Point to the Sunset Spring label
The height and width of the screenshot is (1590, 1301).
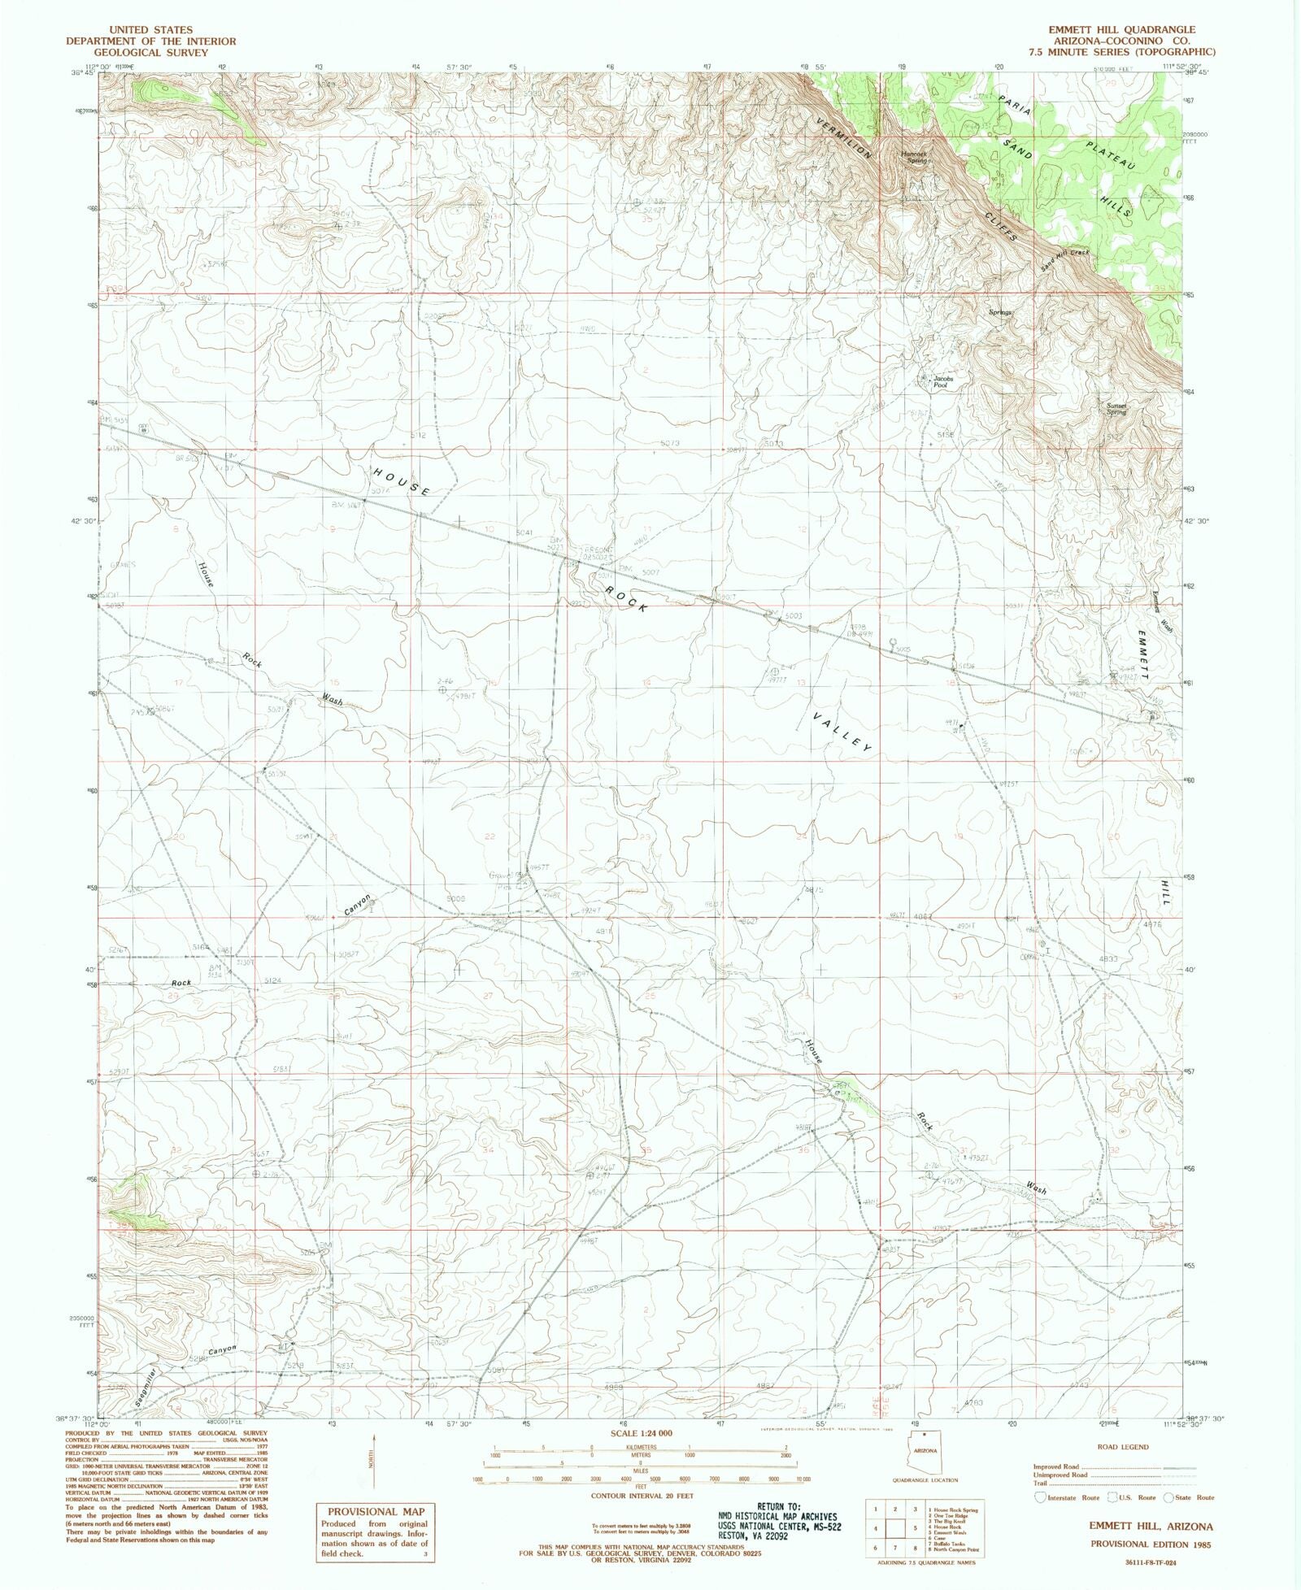click(x=1116, y=409)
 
